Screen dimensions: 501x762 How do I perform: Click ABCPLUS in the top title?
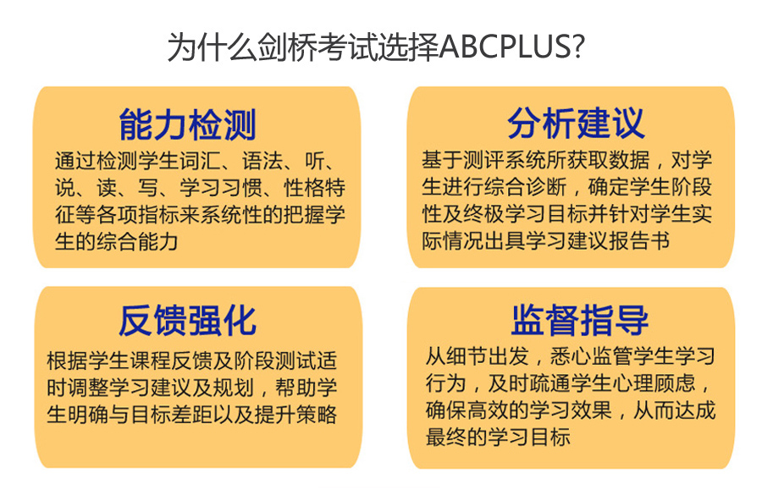tap(505, 47)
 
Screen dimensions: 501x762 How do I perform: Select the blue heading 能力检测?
tap(187, 124)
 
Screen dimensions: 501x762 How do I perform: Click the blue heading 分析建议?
tap(576, 124)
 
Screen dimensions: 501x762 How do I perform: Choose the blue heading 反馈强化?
tap(187, 321)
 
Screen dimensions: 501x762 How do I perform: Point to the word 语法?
tap(262, 161)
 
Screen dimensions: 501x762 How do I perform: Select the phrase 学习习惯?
tap(221, 188)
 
